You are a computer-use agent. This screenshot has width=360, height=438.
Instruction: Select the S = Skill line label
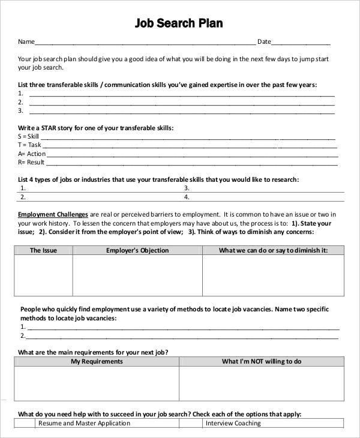(29, 136)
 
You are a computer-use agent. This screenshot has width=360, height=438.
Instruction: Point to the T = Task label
(30, 145)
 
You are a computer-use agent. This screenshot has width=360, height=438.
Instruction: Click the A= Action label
(32, 154)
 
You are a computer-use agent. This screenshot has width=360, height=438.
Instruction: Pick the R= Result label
(31, 162)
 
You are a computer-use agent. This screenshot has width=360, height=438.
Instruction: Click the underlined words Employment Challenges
(53, 214)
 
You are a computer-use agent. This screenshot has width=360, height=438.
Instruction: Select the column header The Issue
(43, 250)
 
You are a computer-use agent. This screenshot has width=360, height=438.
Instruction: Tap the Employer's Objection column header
(137, 250)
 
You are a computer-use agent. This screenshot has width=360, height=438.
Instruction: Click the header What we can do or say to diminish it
(273, 250)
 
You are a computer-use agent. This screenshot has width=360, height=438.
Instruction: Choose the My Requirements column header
(97, 361)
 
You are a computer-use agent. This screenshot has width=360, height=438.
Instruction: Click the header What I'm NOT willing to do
(262, 361)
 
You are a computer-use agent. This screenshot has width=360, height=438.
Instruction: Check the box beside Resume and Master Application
(25, 423)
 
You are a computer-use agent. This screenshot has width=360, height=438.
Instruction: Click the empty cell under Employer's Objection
(137, 276)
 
